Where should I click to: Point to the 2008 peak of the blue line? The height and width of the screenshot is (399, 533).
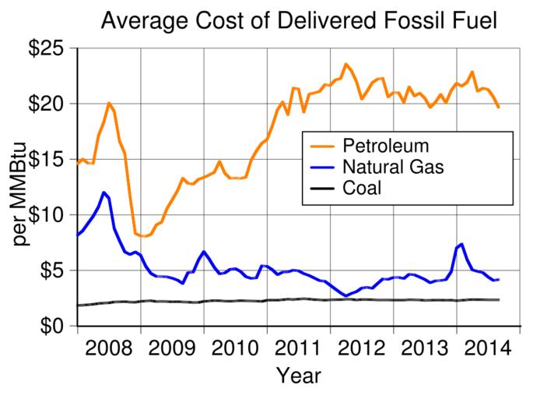[103, 192]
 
